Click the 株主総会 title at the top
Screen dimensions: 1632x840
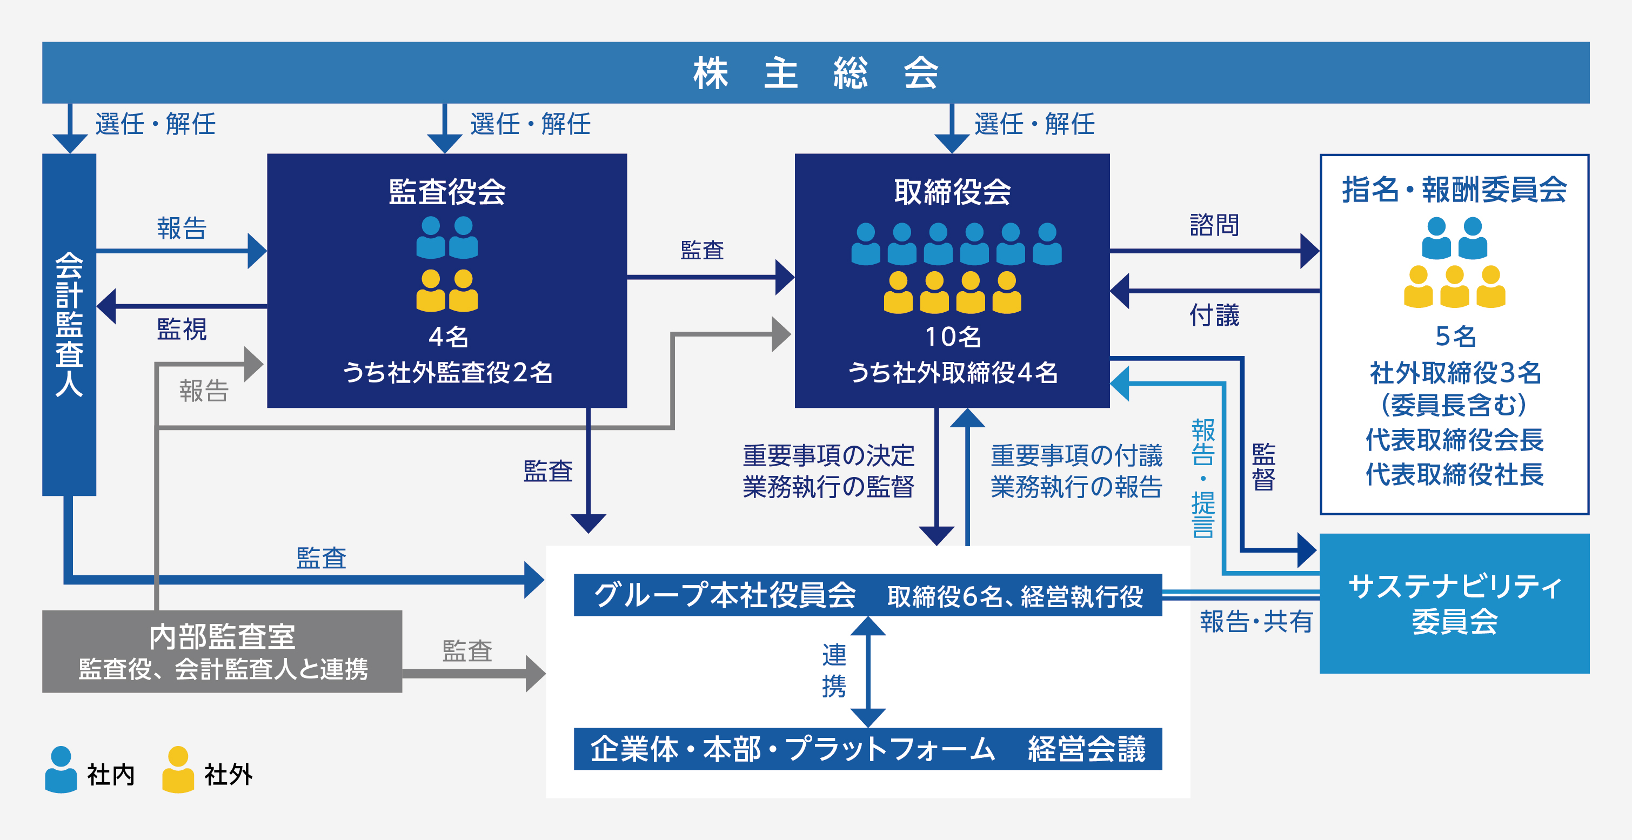(816, 73)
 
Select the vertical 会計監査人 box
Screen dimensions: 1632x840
(69, 324)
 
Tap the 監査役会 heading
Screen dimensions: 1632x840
(447, 192)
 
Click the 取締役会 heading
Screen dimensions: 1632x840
(952, 192)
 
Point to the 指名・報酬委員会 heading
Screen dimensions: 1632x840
(1455, 190)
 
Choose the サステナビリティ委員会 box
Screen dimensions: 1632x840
(1455, 603)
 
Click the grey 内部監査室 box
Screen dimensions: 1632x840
(222, 651)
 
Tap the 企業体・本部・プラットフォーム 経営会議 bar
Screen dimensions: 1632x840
(868, 749)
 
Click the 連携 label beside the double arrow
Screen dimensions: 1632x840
(834, 670)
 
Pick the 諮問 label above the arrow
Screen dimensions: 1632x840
(1214, 225)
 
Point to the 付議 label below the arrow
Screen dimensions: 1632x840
(1214, 315)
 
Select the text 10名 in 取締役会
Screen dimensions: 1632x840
(953, 337)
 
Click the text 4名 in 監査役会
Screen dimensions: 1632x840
(448, 337)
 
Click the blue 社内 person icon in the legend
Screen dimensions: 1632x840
(61, 769)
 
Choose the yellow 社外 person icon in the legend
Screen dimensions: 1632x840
(178, 769)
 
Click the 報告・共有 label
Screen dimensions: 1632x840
(1256, 621)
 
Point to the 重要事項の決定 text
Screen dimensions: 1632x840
(828, 455)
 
